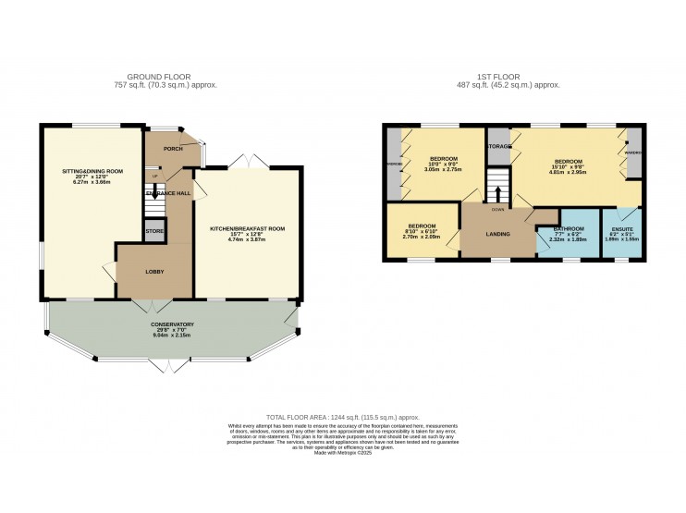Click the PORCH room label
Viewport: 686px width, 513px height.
172,148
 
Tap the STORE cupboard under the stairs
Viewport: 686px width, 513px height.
154,230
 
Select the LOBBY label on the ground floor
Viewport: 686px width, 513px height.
153,272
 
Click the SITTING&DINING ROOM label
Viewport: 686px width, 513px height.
92,172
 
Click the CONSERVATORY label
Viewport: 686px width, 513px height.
172,324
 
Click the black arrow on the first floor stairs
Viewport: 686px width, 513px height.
498,193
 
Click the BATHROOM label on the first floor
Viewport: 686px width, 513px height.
569,228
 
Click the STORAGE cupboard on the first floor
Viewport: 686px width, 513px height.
499,146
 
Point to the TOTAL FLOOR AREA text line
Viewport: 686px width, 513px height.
343,418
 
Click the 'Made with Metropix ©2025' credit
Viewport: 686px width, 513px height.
343,453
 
